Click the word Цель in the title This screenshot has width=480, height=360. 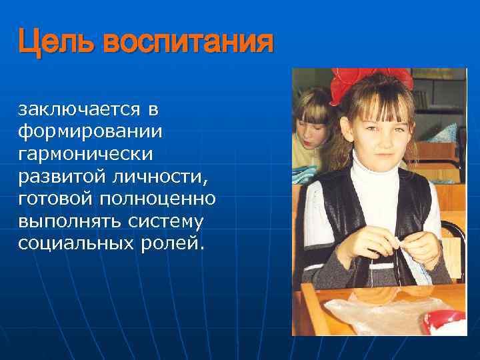tap(55, 43)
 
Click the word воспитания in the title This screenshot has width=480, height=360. tap(185, 43)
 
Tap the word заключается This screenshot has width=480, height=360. tap(79, 108)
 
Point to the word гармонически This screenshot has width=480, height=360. tap(85, 153)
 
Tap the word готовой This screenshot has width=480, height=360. tap(55, 199)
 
